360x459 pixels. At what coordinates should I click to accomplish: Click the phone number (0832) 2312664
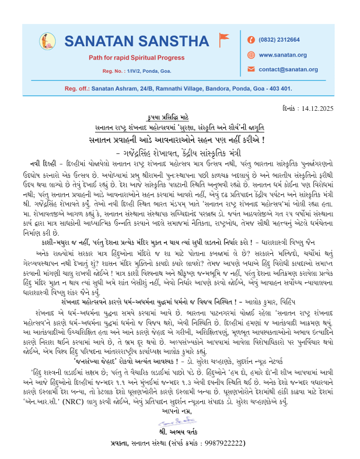pos(279,40)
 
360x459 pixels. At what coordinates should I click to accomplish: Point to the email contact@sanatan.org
pos(288,69)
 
